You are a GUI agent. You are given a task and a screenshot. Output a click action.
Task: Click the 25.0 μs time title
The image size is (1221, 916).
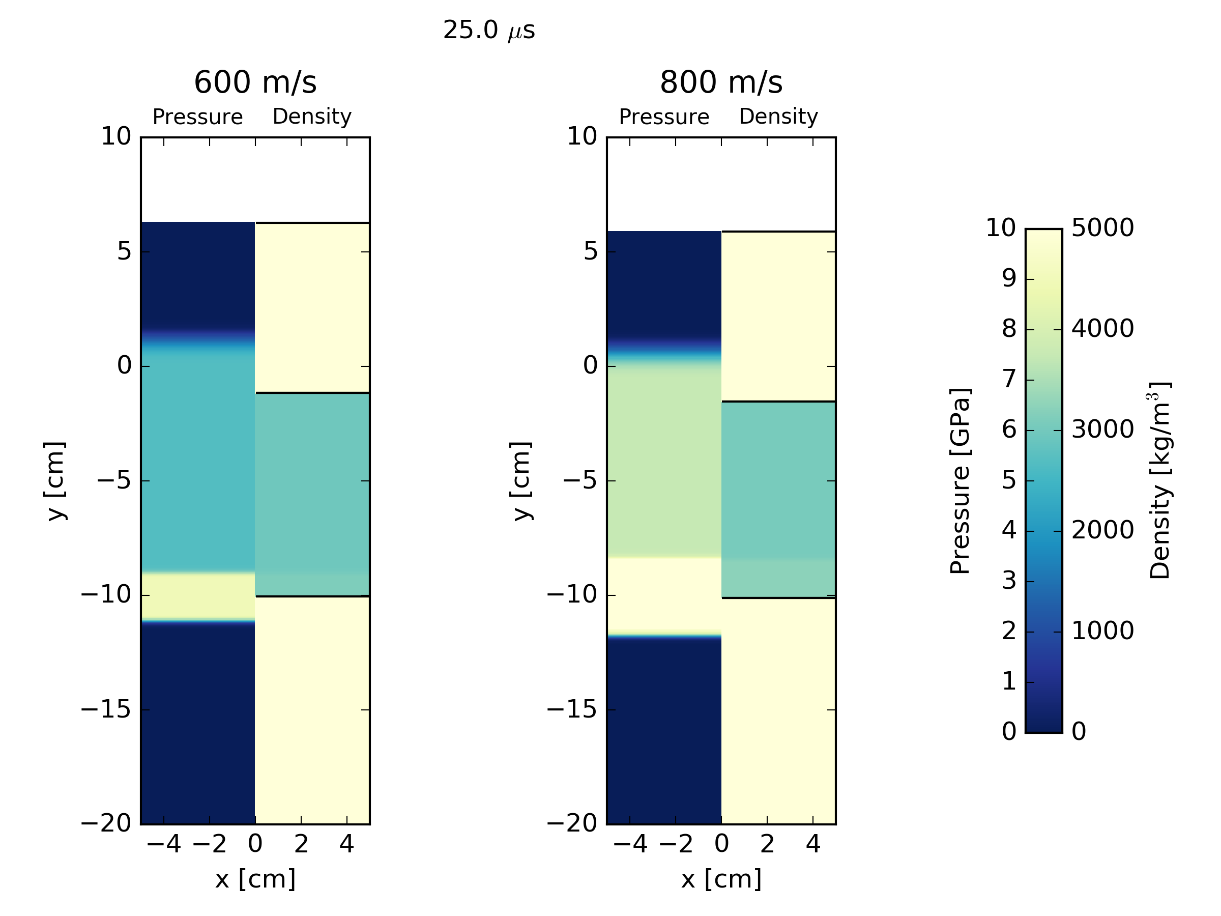point(488,31)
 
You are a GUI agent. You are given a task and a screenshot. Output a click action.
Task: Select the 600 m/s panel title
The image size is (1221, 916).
point(255,82)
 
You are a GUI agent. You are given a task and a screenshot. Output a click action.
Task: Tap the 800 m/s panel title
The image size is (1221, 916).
point(721,82)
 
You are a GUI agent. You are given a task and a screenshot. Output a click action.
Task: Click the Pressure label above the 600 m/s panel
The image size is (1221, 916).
point(197,117)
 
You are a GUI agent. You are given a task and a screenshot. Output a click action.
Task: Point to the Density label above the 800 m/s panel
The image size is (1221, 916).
point(778,117)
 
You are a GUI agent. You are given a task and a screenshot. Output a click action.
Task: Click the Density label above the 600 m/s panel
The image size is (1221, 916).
point(312,117)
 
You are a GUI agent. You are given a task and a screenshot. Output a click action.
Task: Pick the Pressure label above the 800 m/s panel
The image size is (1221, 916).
point(663,117)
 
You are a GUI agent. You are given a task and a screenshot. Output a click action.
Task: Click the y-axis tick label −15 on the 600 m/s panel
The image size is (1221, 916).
point(106,709)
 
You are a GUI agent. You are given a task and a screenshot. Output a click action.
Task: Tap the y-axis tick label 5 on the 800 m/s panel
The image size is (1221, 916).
point(590,252)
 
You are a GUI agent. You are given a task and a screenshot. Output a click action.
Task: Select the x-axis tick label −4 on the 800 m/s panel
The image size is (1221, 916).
point(630,844)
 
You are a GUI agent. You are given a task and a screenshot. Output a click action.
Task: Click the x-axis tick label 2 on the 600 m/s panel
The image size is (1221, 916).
point(301,844)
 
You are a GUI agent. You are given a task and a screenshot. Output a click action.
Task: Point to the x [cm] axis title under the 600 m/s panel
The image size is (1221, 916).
point(255,879)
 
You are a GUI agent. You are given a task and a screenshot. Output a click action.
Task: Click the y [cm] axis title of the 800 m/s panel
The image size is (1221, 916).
point(520,481)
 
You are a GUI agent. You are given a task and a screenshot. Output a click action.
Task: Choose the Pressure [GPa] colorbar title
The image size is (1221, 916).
point(960,481)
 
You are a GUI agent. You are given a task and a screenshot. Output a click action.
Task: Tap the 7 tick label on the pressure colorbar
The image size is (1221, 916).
point(1009,380)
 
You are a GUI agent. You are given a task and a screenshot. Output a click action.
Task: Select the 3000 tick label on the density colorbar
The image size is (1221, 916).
point(1102,430)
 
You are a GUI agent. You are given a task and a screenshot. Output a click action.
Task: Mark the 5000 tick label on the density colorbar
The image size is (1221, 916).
point(1102,228)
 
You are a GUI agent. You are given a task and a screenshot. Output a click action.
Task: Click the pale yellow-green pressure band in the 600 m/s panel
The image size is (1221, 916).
point(197,597)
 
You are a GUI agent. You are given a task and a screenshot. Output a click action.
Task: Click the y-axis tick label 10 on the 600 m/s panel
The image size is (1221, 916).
point(116,137)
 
